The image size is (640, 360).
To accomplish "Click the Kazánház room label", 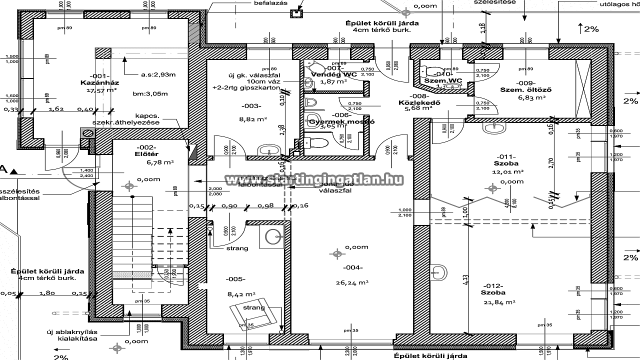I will click(x=98, y=82).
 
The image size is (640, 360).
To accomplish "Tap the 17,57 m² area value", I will click(x=101, y=90).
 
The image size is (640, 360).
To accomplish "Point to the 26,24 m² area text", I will click(x=352, y=282).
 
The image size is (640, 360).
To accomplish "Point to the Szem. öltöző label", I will click(x=525, y=90).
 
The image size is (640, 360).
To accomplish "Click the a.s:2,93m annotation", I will click(x=158, y=74).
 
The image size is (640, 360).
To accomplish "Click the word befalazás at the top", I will click(x=270, y=3).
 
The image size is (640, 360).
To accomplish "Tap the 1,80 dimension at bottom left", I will click(x=47, y=293).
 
